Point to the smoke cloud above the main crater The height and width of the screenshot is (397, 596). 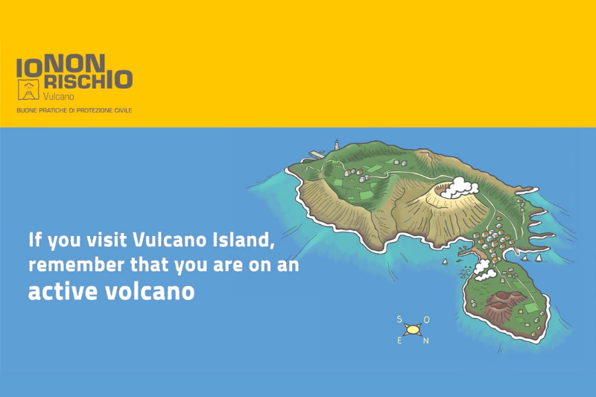459,187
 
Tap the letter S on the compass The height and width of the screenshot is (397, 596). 400,320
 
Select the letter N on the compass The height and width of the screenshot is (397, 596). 426,342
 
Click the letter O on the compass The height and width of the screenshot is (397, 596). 426,320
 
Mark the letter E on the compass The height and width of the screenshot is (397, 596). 400,342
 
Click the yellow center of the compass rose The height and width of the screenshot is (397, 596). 413,330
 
